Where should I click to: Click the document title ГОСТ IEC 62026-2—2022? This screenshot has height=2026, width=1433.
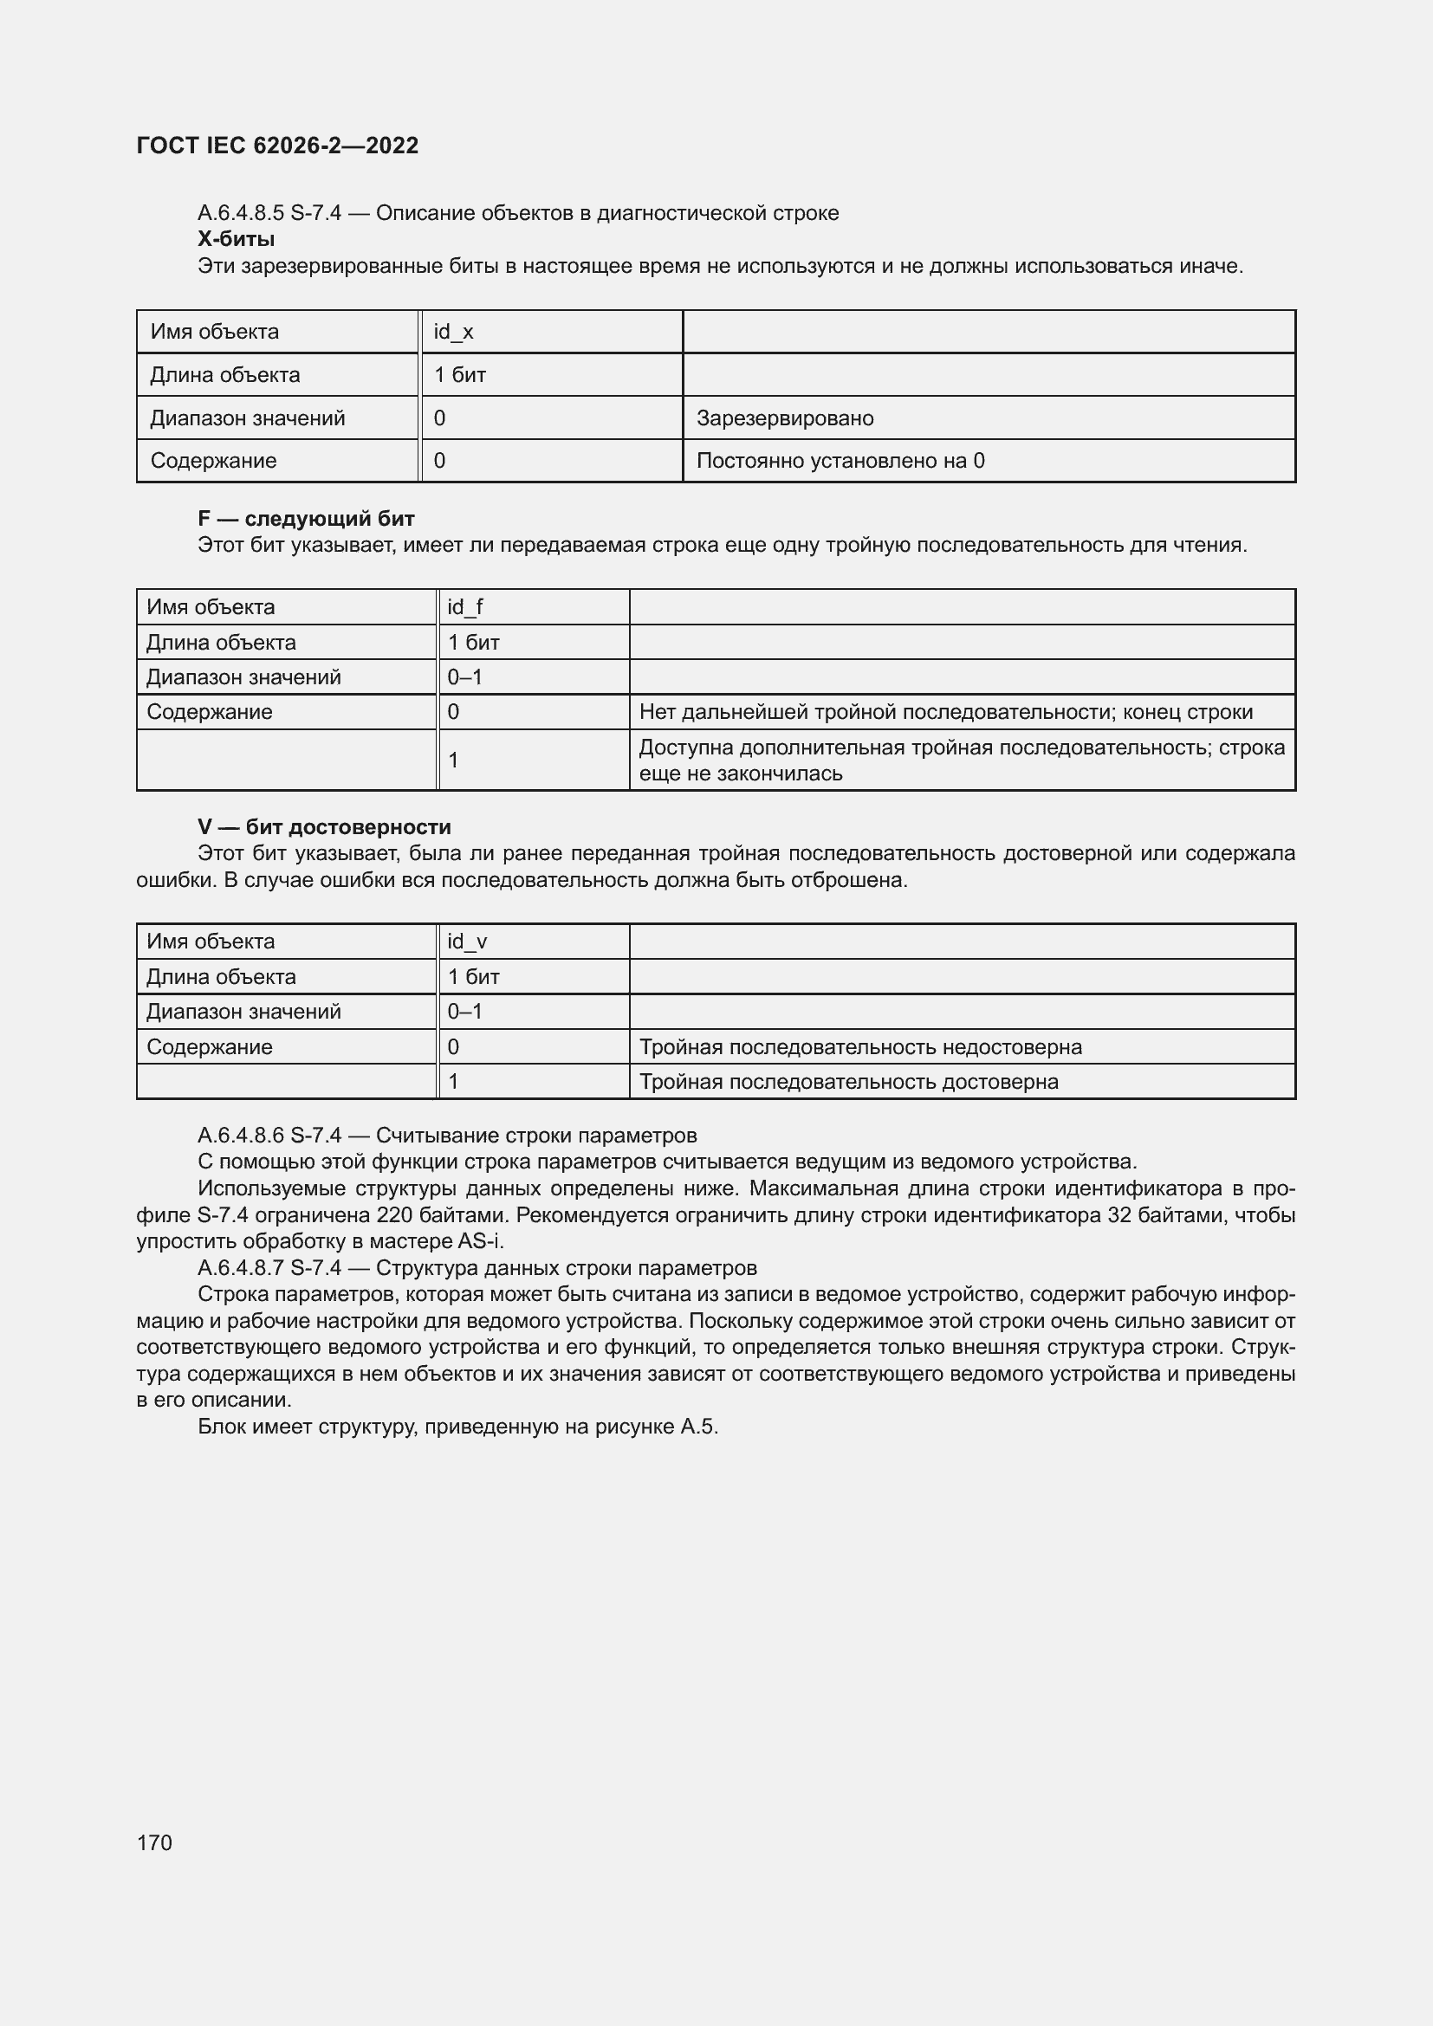(x=277, y=146)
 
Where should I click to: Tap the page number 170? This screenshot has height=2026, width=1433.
(x=154, y=1842)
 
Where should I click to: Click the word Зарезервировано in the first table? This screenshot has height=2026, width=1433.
(x=784, y=418)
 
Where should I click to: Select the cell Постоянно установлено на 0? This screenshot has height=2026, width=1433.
(x=840, y=461)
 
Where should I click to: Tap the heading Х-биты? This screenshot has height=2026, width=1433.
(x=236, y=239)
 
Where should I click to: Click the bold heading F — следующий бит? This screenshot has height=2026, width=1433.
(x=305, y=519)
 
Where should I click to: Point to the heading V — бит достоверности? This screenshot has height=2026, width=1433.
(x=324, y=827)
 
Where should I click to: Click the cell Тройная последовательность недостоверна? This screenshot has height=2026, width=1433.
(x=859, y=1047)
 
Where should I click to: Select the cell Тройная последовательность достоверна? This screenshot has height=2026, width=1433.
(x=848, y=1082)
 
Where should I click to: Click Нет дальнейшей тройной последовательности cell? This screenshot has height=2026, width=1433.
(x=945, y=712)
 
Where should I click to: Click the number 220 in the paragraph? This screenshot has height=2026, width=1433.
(x=394, y=1215)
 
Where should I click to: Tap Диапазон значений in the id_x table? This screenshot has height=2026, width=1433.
(x=247, y=418)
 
